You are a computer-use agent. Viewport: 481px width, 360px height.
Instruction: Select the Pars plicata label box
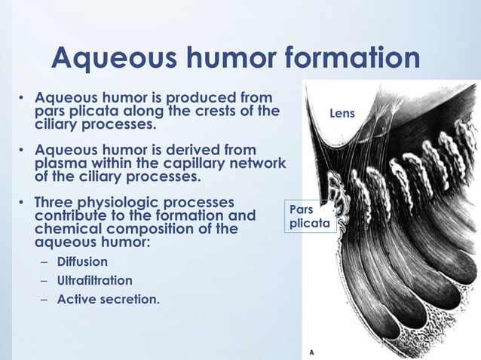pos(308,216)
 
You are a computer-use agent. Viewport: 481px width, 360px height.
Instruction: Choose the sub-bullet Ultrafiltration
pos(95,280)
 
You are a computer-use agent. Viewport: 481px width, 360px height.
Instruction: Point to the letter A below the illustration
pos(313,352)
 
